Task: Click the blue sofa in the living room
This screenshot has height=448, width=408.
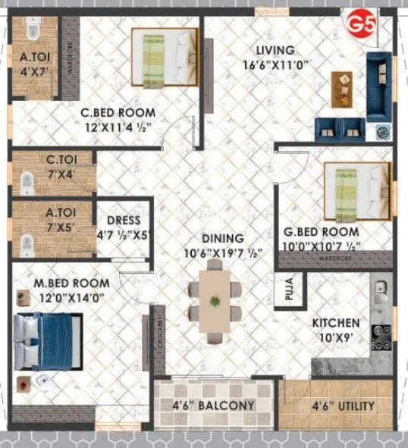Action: pos(379,87)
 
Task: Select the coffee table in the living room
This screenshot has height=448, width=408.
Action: pos(344,89)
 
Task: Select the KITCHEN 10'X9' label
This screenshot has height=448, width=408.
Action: pos(336,329)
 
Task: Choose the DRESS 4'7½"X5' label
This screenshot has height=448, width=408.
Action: pos(125,227)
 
